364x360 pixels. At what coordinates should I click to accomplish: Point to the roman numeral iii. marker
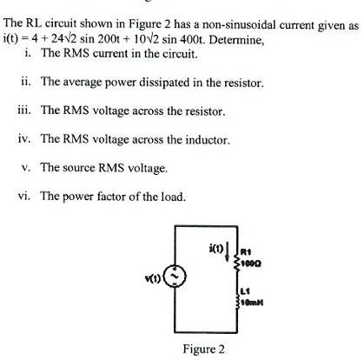coord(25,110)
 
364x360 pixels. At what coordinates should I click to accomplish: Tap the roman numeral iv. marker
coord(26,139)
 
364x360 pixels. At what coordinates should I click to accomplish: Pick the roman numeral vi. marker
coord(26,196)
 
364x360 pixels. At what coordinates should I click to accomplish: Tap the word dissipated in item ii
coord(169,83)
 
